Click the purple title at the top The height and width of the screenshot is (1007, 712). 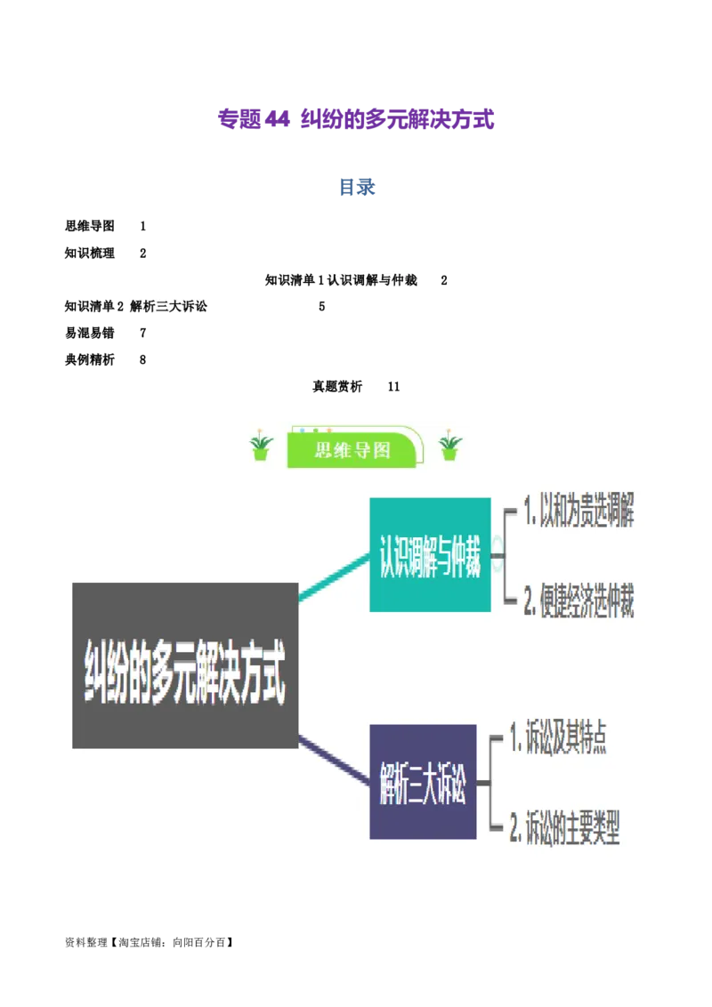355,119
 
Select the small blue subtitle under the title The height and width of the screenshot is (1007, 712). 356,188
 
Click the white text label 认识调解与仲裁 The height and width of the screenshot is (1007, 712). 370,281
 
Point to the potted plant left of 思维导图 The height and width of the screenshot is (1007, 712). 261,447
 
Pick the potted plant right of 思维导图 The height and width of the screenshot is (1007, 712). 450,447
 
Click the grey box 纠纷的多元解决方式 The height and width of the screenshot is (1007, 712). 185,665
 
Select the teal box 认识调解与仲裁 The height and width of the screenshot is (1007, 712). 430,555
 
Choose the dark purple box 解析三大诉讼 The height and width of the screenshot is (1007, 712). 423,782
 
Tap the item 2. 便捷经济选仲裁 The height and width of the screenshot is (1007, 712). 578,604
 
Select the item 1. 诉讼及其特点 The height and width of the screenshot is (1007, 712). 558,739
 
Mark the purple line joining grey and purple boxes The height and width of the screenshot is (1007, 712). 334,761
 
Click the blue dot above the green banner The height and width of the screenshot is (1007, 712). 303,431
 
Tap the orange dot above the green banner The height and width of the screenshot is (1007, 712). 328,431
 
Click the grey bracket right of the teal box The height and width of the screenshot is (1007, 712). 505,558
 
